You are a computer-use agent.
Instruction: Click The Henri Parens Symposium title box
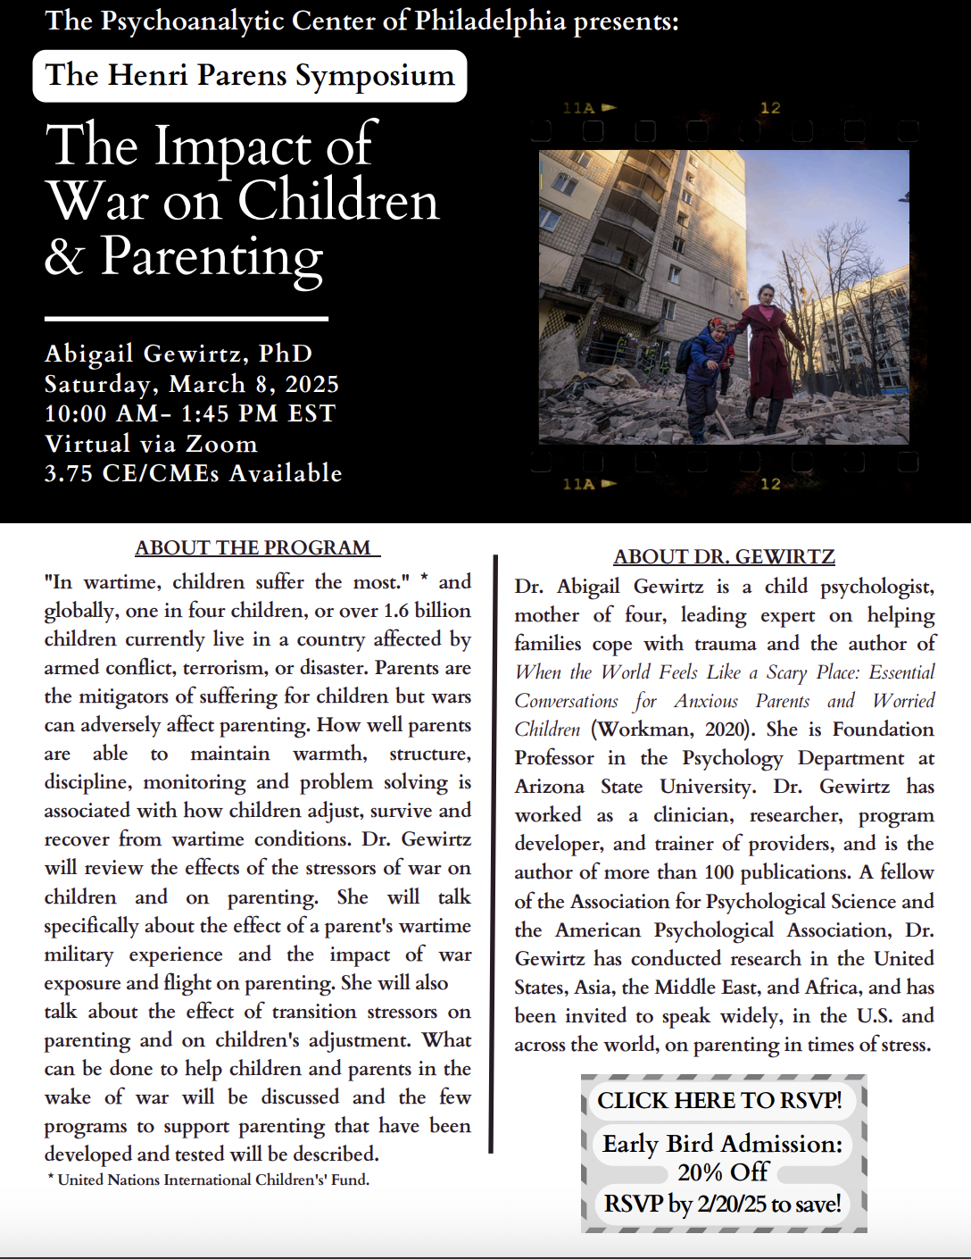[250, 76]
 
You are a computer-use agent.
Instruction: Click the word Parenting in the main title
[212, 257]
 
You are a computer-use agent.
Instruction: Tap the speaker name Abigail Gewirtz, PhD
[178, 354]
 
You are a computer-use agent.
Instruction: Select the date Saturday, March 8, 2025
[192, 384]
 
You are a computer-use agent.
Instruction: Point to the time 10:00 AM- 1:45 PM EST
[190, 413]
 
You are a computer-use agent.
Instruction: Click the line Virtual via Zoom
[151, 444]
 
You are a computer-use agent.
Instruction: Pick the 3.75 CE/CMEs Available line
[194, 473]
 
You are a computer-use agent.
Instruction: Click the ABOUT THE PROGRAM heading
[257, 548]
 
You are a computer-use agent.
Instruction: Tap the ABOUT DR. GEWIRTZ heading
[724, 557]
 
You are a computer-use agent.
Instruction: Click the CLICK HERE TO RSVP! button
[719, 1100]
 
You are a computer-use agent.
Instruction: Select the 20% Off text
[723, 1172]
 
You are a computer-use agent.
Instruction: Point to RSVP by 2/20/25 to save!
[722, 1204]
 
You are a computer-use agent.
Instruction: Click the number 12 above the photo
[770, 108]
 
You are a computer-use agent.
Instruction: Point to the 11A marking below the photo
[579, 484]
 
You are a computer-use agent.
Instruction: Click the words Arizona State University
[635, 787]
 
